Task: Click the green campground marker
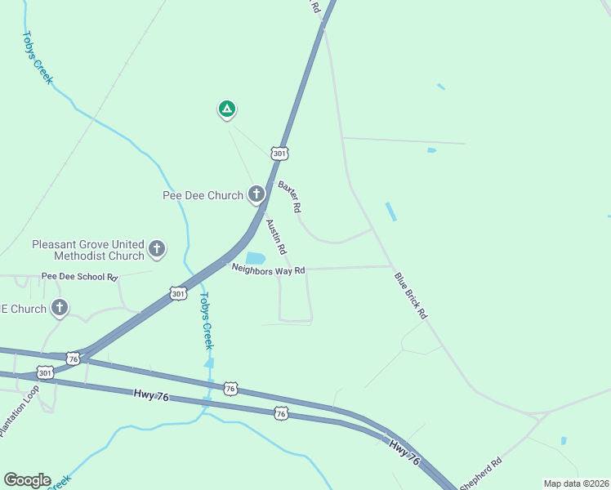(x=226, y=109)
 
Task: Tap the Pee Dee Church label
(x=203, y=195)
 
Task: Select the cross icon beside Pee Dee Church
(x=256, y=194)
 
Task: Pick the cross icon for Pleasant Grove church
(x=157, y=248)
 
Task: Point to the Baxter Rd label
(x=290, y=196)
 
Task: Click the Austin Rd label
(x=276, y=236)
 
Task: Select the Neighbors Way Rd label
(x=268, y=269)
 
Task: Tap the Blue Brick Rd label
(x=411, y=295)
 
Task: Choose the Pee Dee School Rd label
(x=79, y=277)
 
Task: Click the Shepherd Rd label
(x=480, y=474)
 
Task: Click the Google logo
(x=27, y=480)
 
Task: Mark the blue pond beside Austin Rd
(x=256, y=258)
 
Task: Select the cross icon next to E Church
(x=59, y=309)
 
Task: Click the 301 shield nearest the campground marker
(x=280, y=153)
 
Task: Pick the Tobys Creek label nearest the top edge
(x=38, y=58)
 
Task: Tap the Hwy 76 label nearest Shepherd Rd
(x=404, y=452)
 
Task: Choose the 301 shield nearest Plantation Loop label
(x=45, y=372)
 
